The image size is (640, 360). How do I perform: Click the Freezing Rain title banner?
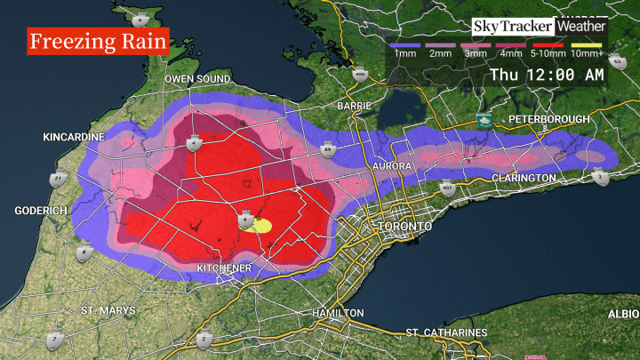(98, 42)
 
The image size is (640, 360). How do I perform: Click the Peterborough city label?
(548, 119)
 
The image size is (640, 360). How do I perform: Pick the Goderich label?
(42, 211)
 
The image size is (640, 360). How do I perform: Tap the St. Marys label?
(108, 310)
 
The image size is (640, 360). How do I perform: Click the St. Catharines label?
(447, 332)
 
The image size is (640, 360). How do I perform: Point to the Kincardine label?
(74, 138)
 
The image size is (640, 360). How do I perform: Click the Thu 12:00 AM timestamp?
(547, 75)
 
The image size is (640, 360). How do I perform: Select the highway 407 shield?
(446, 188)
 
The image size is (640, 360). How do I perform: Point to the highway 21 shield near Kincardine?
(59, 178)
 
